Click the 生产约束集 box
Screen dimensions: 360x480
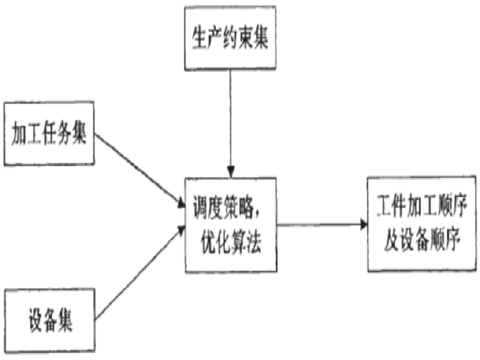tap(230, 39)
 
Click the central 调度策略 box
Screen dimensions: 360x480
tap(230, 222)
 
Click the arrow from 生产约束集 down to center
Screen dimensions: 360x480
tap(230, 120)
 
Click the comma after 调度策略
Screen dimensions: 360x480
tap(264, 210)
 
